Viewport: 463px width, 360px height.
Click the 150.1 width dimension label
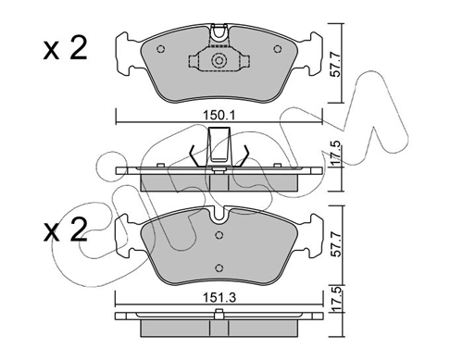(x=219, y=116)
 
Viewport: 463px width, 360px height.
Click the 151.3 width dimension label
(x=219, y=298)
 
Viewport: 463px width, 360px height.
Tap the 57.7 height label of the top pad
(x=335, y=65)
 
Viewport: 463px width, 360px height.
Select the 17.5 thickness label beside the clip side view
(x=336, y=154)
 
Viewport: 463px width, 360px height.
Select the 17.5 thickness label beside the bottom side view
(x=336, y=299)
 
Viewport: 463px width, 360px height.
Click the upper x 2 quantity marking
(x=66, y=49)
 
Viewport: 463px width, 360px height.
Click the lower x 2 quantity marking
(x=66, y=230)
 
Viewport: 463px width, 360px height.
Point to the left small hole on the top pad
(x=160, y=49)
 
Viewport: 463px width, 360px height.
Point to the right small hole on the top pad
(x=278, y=49)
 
